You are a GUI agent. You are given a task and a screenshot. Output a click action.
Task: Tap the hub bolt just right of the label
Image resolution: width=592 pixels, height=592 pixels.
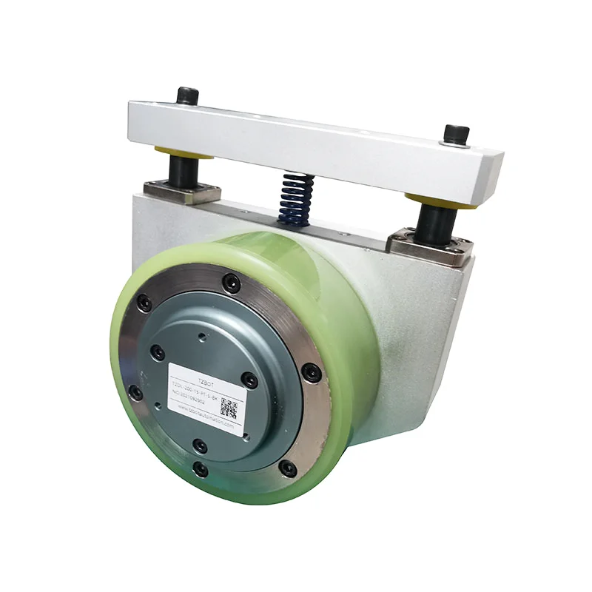click(x=251, y=380)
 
